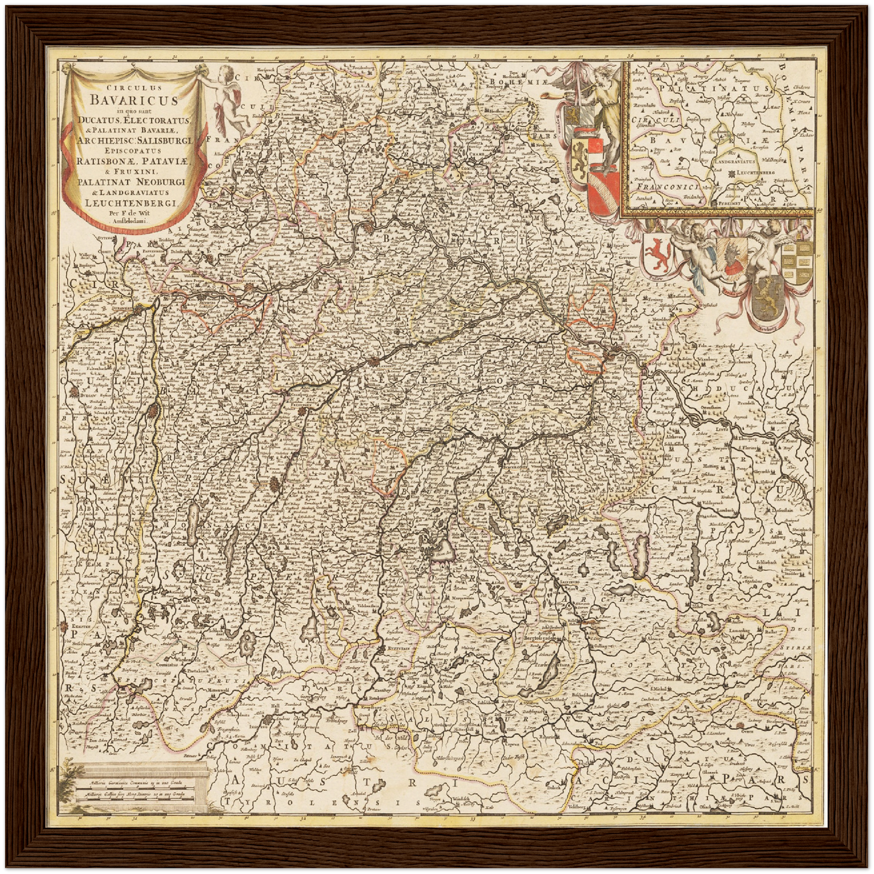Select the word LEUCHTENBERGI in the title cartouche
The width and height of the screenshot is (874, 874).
point(132,203)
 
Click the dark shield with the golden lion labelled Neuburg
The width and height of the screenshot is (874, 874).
point(769,299)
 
